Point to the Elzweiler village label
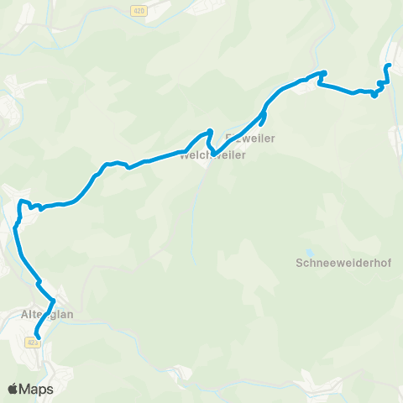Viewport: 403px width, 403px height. pyautogui.click(x=251, y=137)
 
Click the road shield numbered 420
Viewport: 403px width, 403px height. pyautogui.click(x=139, y=10)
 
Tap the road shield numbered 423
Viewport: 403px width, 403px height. pyautogui.click(x=32, y=342)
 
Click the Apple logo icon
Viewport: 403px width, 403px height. pyautogui.click(x=13, y=389)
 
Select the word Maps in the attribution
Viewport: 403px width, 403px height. pyautogui.click(x=37, y=389)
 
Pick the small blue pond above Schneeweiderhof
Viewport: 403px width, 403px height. pyautogui.click(x=310, y=251)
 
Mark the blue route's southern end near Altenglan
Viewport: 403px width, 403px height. pyautogui.click(x=37, y=338)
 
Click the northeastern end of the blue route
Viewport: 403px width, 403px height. pyautogui.click(x=388, y=65)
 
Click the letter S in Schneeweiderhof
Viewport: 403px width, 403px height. pyautogui.click(x=300, y=262)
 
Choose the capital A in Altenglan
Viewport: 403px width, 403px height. pyautogui.click(x=23, y=315)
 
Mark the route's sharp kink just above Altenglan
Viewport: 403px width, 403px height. pyautogui.click(x=54, y=301)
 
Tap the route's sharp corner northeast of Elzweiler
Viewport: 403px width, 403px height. pyautogui.click(x=322, y=72)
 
